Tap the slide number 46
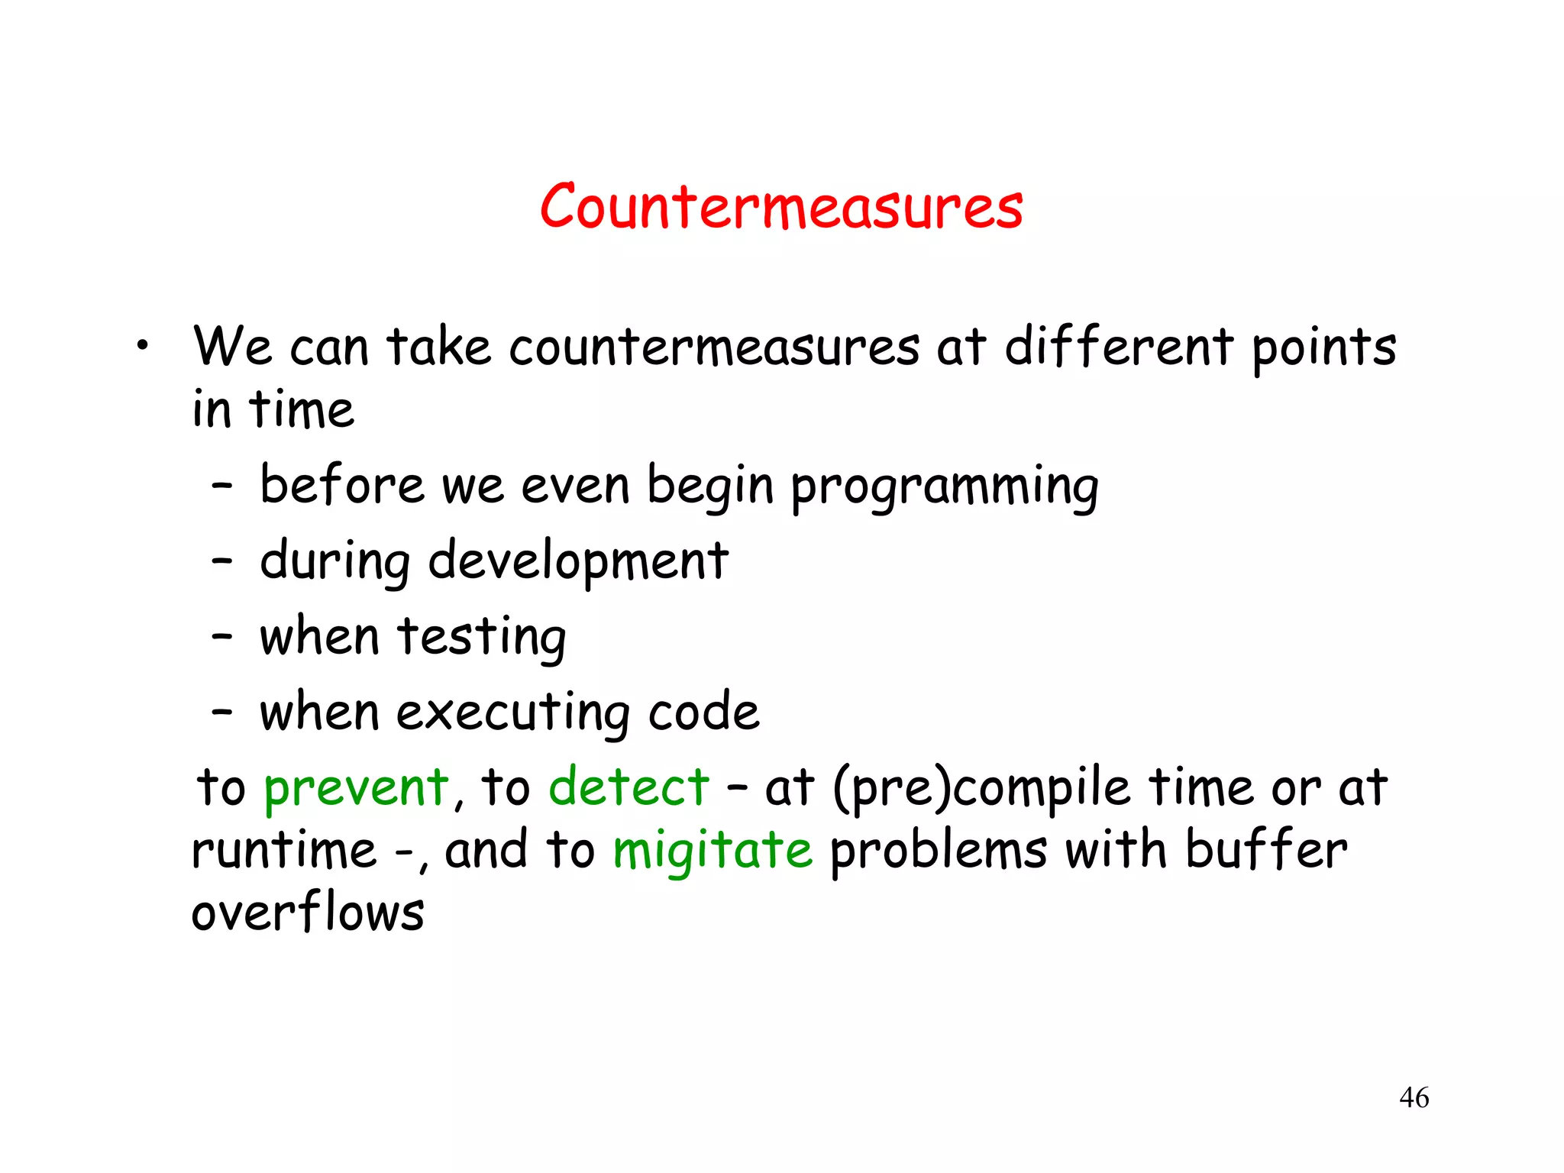click(1414, 1098)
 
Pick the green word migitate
click(713, 851)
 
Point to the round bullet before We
click(141, 347)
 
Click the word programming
click(945, 486)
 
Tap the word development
click(578, 561)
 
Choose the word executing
click(512, 713)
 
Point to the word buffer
click(1266, 849)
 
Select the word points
click(1324, 347)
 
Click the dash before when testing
click(221, 636)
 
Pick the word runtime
click(284, 849)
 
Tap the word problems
click(939, 851)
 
